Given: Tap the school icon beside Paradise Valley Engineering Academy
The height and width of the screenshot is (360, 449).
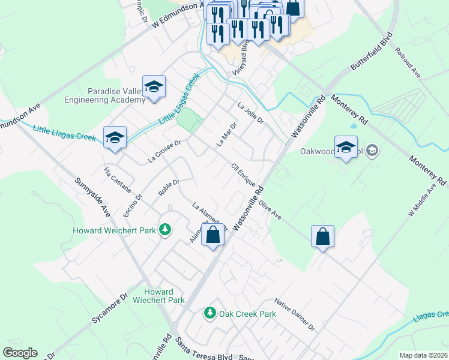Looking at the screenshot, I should pyautogui.click(x=154, y=87).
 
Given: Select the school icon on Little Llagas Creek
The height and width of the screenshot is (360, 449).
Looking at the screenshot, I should pyautogui.click(x=115, y=138).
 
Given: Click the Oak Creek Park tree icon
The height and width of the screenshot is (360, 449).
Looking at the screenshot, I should pyautogui.click(x=209, y=313).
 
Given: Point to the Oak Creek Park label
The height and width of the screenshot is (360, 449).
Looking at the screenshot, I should pyautogui.click(x=247, y=314).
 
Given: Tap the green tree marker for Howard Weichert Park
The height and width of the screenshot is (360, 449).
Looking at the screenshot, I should pyautogui.click(x=164, y=230).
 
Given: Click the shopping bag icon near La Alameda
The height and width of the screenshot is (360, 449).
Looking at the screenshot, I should pyautogui.click(x=213, y=235).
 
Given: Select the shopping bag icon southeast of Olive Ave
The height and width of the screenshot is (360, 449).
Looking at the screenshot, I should pyautogui.click(x=322, y=236).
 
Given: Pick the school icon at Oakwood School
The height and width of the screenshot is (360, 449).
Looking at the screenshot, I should pyautogui.click(x=346, y=148).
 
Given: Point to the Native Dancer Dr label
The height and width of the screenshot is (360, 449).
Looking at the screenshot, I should pyautogui.click(x=294, y=315).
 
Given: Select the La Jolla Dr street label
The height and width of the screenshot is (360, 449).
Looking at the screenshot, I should pyautogui.click(x=250, y=113).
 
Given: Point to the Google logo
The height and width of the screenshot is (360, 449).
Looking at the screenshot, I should pyautogui.click(x=20, y=353).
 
